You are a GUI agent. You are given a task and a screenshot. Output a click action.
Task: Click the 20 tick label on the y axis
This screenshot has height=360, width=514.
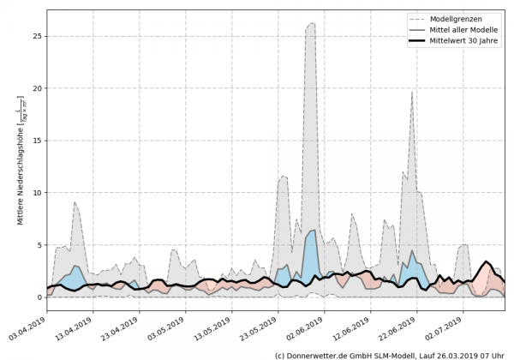point(35,88)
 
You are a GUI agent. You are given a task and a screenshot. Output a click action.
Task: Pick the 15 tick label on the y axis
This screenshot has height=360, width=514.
point(35,141)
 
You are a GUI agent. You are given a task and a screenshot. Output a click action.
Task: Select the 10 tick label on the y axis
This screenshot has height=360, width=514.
point(35,193)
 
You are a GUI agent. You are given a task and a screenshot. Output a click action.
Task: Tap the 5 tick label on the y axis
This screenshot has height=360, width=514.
point(38,245)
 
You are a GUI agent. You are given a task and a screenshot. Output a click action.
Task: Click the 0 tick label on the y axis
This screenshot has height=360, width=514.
point(38,297)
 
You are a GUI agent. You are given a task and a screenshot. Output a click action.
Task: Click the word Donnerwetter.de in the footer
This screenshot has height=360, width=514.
point(314,354)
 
